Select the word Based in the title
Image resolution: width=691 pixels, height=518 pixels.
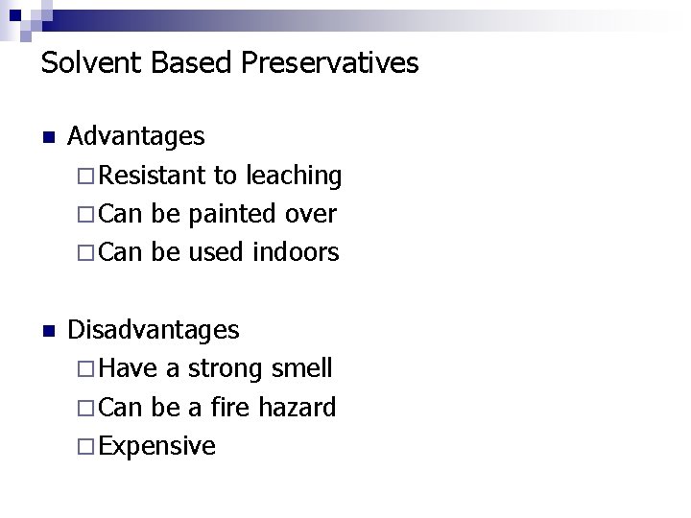click(179, 63)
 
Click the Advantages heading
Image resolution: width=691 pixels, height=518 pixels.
click(136, 137)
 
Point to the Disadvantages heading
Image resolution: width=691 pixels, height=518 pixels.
click(154, 331)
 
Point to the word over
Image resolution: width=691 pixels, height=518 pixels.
click(313, 214)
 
